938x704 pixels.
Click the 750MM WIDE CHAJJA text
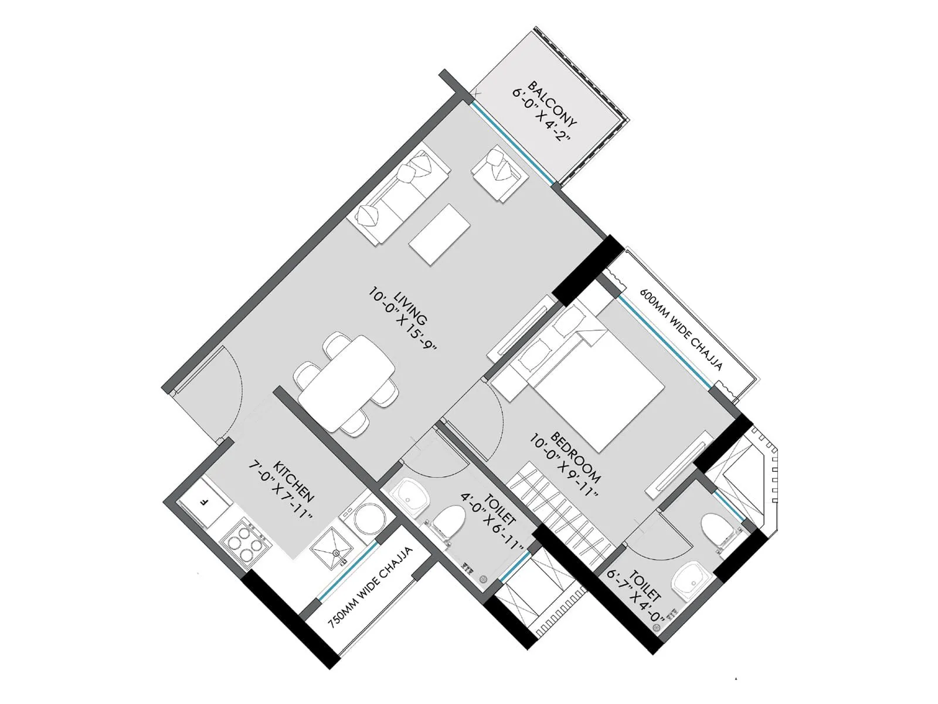(371, 588)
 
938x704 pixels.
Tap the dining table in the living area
(346, 384)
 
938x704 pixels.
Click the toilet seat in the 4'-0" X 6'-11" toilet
(448, 522)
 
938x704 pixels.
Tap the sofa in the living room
(399, 194)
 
